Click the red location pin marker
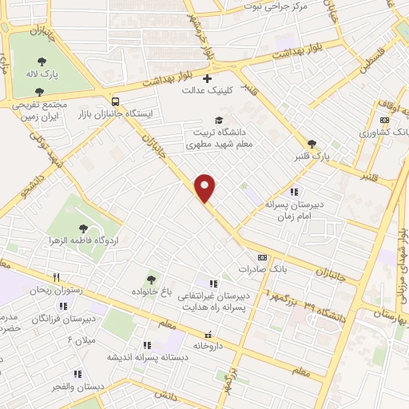tap(206, 189)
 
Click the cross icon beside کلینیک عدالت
tap(207, 79)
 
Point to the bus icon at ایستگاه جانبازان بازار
tap(116, 101)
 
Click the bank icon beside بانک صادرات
tap(263, 257)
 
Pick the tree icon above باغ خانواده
tap(151, 279)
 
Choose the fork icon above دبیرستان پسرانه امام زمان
tap(294, 192)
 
